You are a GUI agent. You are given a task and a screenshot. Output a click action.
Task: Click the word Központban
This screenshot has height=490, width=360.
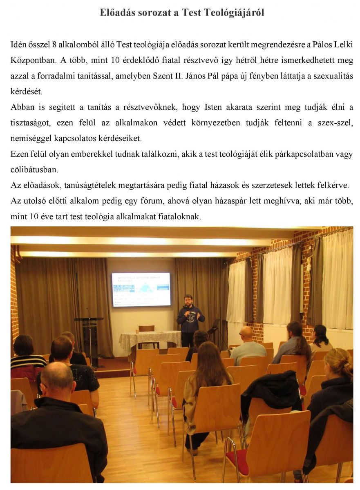(32, 60)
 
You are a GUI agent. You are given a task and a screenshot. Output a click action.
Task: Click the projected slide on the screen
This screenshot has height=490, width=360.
(141, 289)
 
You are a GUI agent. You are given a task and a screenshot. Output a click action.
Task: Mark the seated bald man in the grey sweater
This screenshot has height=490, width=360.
(248, 345)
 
